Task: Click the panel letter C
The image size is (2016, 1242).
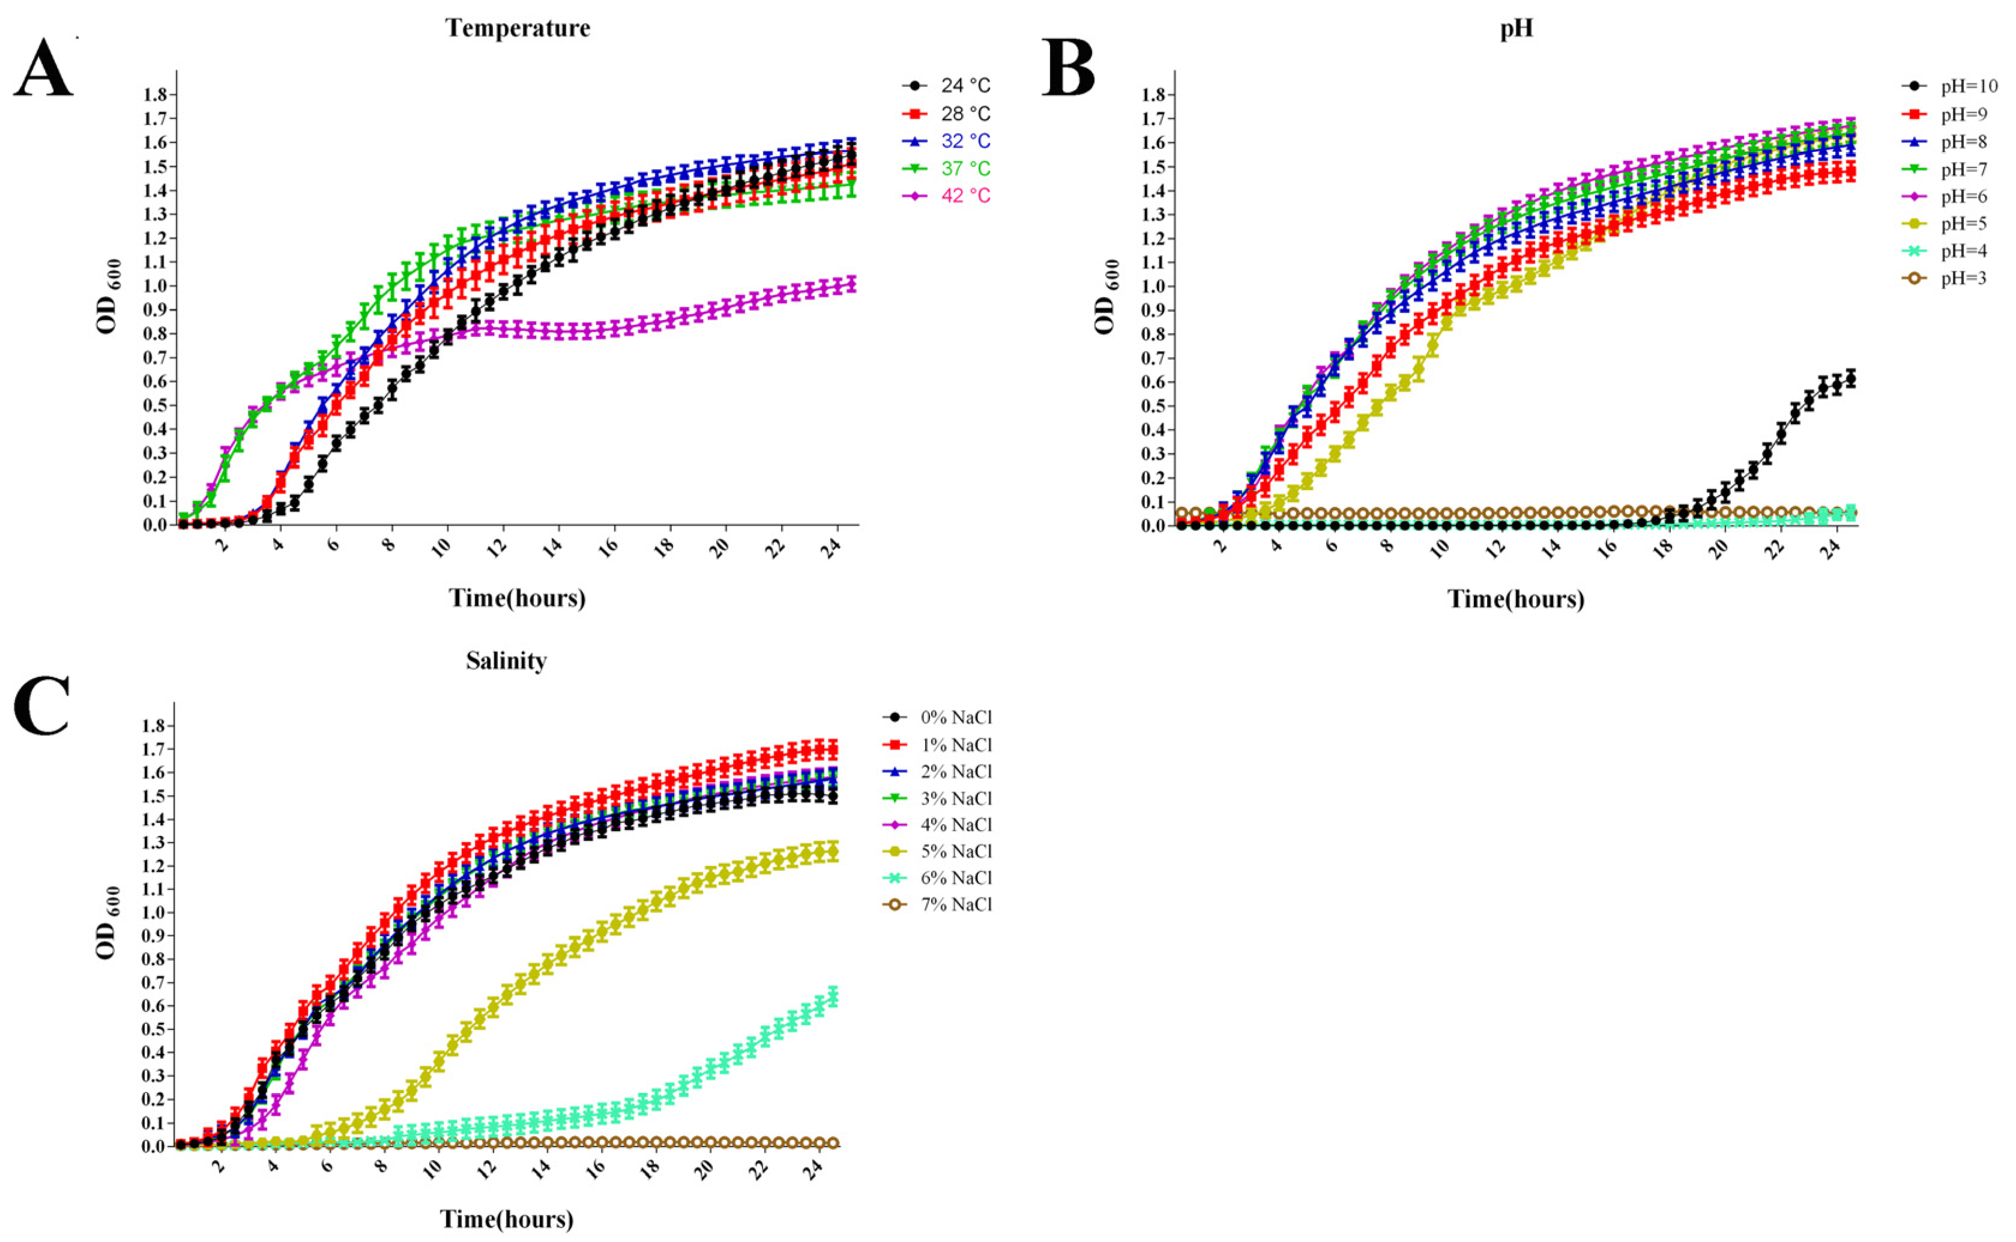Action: [x=41, y=706]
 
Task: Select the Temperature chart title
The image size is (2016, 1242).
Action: [x=518, y=29]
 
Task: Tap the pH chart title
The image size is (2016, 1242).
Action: [x=1516, y=29]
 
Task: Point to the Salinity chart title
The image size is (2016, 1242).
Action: [x=506, y=661]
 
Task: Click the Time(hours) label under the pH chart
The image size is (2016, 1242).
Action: [x=1516, y=599]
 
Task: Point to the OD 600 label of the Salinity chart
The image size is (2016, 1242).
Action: [x=107, y=922]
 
